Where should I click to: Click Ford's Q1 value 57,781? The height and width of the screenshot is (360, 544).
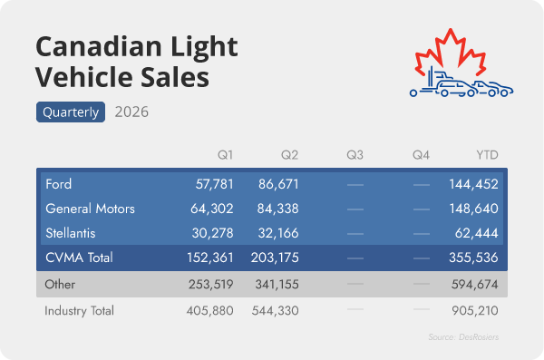point(214,184)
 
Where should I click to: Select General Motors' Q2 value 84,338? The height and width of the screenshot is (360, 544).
point(278,209)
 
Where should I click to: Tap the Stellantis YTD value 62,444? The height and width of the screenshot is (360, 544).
point(476,233)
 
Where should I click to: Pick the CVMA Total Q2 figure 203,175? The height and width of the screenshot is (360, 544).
point(275,258)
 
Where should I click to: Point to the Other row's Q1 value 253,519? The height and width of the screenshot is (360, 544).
point(211,285)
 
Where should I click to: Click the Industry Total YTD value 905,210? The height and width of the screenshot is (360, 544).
point(475,310)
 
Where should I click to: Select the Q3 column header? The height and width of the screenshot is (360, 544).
point(355,155)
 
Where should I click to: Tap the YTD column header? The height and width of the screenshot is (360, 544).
point(487,155)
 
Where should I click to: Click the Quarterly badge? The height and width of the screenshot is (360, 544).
point(71,112)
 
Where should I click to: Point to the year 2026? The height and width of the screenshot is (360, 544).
point(131,112)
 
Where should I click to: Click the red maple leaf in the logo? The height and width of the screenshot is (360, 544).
point(451,52)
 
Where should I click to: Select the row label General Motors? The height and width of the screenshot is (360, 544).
point(90,209)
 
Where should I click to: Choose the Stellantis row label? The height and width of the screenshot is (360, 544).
point(71,233)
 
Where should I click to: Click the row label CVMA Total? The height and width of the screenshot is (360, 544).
point(79,258)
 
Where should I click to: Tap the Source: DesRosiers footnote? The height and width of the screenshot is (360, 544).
point(463,337)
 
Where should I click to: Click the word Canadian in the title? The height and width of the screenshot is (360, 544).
point(99,46)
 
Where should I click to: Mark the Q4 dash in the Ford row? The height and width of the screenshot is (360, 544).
point(422,185)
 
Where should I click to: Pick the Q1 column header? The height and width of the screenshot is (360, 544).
point(225,155)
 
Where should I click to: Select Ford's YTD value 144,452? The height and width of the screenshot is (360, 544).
point(473,184)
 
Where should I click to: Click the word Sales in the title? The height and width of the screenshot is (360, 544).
point(175,77)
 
